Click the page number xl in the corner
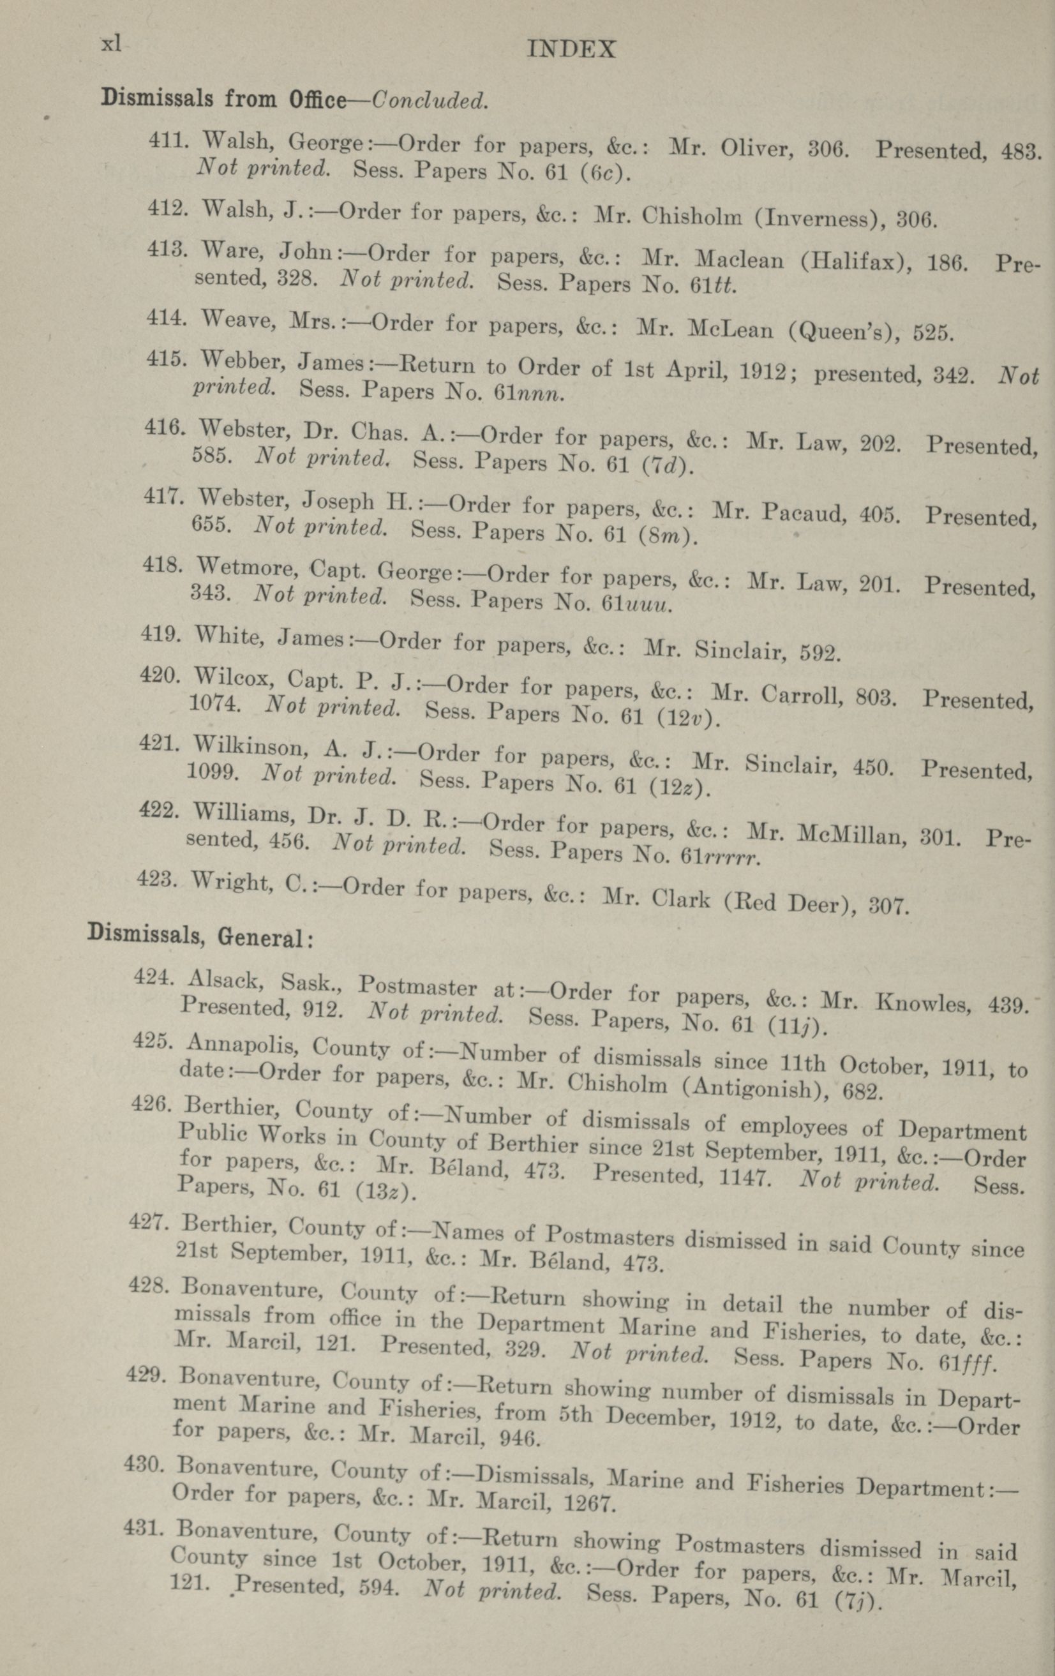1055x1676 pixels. [111, 45]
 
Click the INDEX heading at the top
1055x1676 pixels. [571, 49]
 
